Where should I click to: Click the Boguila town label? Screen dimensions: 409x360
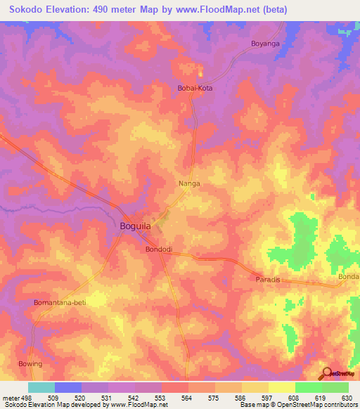136,227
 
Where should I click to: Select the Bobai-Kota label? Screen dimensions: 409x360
194,89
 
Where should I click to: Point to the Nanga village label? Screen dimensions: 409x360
188,183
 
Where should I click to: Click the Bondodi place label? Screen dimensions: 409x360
159,249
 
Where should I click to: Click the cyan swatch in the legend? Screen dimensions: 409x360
41,387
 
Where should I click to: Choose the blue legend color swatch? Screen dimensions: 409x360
68,387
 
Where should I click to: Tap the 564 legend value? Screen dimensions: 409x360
187,397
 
